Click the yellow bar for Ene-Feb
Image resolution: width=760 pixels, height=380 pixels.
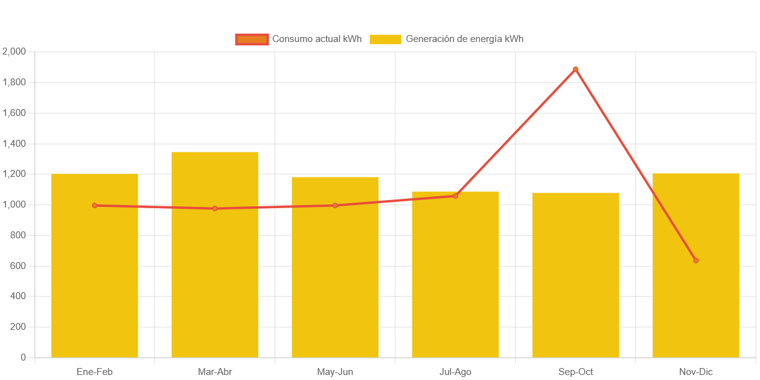(x=95, y=282)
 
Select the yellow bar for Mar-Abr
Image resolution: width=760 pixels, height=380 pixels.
(x=215, y=282)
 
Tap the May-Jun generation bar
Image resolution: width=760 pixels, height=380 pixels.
(x=335, y=282)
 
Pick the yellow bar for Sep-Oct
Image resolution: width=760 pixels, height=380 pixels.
(x=575, y=282)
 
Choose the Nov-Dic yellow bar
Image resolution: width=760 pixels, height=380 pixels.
(x=695, y=282)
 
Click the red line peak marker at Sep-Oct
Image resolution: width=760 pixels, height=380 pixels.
(x=575, y=69)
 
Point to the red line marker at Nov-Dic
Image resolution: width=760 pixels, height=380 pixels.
(x=695, y=260)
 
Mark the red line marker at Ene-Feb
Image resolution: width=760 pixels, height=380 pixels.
(x=95, y=205)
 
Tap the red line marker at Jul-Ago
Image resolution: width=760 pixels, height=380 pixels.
(x=455, y=196)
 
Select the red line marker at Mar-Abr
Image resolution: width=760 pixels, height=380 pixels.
(x=215, y=208)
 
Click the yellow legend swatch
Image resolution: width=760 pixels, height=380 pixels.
(x=385, y=40)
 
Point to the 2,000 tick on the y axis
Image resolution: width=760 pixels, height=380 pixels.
(x=14, y=51)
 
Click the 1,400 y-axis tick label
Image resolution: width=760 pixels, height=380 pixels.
(x=14, y=144)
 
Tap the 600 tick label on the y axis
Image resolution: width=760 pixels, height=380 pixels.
(x=18, y=266)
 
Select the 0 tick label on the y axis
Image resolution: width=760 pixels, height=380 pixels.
(x=23, y=357)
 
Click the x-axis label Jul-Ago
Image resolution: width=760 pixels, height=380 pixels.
(x=455, y=372)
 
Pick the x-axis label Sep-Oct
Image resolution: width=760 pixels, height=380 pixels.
(x=575, y=372)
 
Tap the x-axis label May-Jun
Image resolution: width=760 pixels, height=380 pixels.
(x=335, y=372)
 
